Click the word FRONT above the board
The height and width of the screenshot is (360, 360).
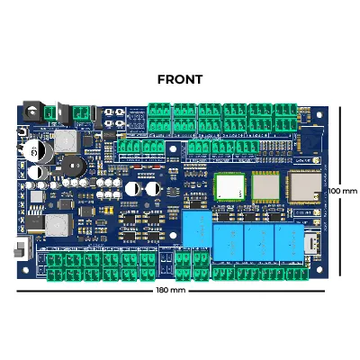point(180,79)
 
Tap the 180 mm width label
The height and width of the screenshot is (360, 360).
point(171,291)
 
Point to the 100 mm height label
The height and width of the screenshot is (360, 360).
point(343,191)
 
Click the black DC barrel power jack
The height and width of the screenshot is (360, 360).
point(31,112)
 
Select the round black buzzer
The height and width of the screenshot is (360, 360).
point(74,166)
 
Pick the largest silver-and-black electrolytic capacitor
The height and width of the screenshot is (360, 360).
point(38,153)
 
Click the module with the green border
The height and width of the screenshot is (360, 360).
point(229,186)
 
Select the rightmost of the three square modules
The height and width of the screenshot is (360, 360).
point(304,186)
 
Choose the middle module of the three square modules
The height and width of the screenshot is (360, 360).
point(265,186)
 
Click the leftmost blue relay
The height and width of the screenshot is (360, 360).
point(197,229)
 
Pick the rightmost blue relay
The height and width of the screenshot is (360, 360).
point(289,242)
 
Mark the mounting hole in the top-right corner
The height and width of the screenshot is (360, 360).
point(319,114)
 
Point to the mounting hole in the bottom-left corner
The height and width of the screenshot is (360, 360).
point(25,270)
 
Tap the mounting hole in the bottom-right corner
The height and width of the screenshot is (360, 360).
point(319,269)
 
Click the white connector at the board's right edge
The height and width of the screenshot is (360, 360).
point(311,243)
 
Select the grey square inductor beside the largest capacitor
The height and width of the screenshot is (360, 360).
point(65,140)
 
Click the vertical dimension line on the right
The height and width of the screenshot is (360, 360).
point(340,191)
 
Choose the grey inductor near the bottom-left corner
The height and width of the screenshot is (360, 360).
point(58,225)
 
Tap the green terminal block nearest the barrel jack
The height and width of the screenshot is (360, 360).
point(50,113)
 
